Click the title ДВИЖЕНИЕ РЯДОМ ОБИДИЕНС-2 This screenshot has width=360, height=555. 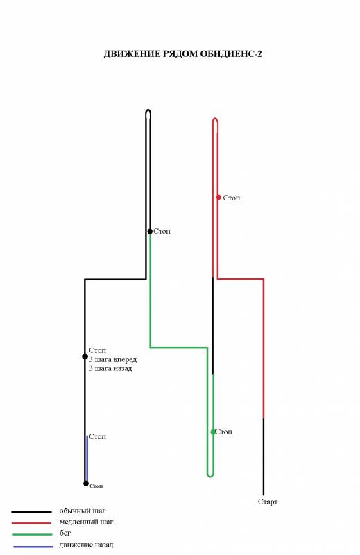(182, 54)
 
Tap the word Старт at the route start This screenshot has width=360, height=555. (268, 502)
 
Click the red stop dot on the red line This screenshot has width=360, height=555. (218, 197)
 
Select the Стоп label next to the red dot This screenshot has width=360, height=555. (232, 198)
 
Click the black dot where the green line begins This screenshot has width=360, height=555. (150, 231)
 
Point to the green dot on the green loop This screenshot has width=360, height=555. (213, 432)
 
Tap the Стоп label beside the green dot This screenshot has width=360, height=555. (224, 432)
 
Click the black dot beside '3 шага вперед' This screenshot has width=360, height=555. (85, 357)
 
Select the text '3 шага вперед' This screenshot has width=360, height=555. (112, 359)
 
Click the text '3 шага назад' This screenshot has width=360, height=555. (110, 368)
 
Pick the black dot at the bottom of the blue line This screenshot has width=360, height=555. (86, 484)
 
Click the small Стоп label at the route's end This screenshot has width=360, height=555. (96, 486)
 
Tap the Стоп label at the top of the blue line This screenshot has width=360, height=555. (97, 437)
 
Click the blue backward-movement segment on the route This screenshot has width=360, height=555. (87, 459)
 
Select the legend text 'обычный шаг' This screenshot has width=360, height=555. (83, 511)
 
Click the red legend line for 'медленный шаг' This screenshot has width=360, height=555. (31, 523)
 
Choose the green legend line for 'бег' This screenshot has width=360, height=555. (32, 534)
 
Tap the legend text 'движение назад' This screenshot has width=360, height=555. (87, 545)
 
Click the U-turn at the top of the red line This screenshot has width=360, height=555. (215, 119)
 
